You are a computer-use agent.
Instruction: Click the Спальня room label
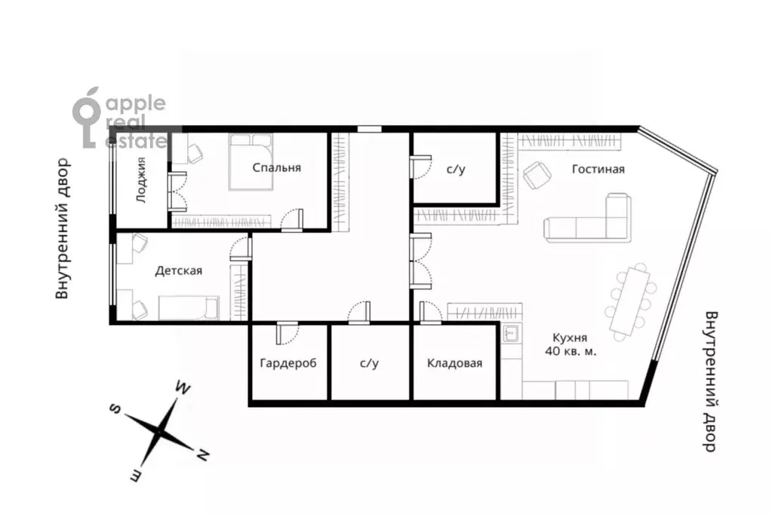(277, 168)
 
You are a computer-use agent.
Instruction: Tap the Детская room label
(179, 271)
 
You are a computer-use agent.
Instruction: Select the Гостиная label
(598, 170)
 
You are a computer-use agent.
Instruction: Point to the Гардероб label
(288, 364)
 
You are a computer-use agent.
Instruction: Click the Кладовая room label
(454, 363)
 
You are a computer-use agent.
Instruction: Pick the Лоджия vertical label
(141, 180)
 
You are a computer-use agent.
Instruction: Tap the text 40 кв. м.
(571, 351)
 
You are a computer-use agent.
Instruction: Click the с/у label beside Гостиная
(455, 170)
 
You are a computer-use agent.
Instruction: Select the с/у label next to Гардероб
(369, 363)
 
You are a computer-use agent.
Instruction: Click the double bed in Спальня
(251, 162)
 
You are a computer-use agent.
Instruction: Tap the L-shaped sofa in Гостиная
(587, 219)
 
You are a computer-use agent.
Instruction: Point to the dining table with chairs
(631, 301)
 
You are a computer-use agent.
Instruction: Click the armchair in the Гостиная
(537, 175)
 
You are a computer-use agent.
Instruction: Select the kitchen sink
(510, 335)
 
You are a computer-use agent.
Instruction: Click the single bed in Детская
(189, 308)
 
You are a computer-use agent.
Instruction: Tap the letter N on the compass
(201, 456)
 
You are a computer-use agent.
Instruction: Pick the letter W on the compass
(183, 388)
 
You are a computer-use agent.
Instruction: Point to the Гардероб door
(278, 333)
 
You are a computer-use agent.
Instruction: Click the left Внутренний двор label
(63, 228)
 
